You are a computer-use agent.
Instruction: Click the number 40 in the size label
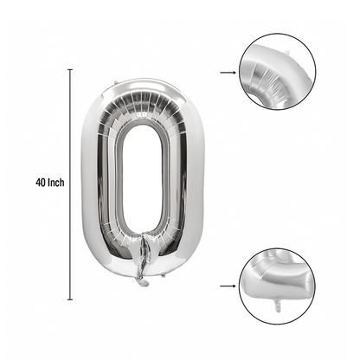(41, 183)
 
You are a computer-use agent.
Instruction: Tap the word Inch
(56, 183)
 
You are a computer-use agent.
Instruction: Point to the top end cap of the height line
(70, 69)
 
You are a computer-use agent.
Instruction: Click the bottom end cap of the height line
(70, 299)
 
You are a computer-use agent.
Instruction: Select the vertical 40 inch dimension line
(70, 184)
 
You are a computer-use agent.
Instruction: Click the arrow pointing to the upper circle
(228, 73)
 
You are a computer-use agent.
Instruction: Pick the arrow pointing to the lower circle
(228, 286)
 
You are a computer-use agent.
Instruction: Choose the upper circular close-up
(278, 72)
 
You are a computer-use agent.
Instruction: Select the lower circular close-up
(278, 286)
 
